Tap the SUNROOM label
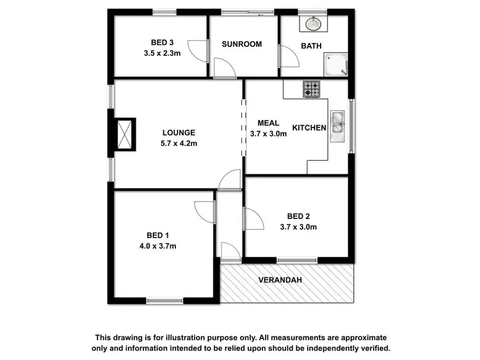[242, 44]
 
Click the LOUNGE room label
[179, 133]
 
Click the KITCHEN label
[310, 128]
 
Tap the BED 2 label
[298, 216]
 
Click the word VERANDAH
[280, 281]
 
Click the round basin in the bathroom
[314, 24]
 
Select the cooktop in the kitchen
[311, 89]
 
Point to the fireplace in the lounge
[125, 133]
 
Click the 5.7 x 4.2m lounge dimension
[179, 143]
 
